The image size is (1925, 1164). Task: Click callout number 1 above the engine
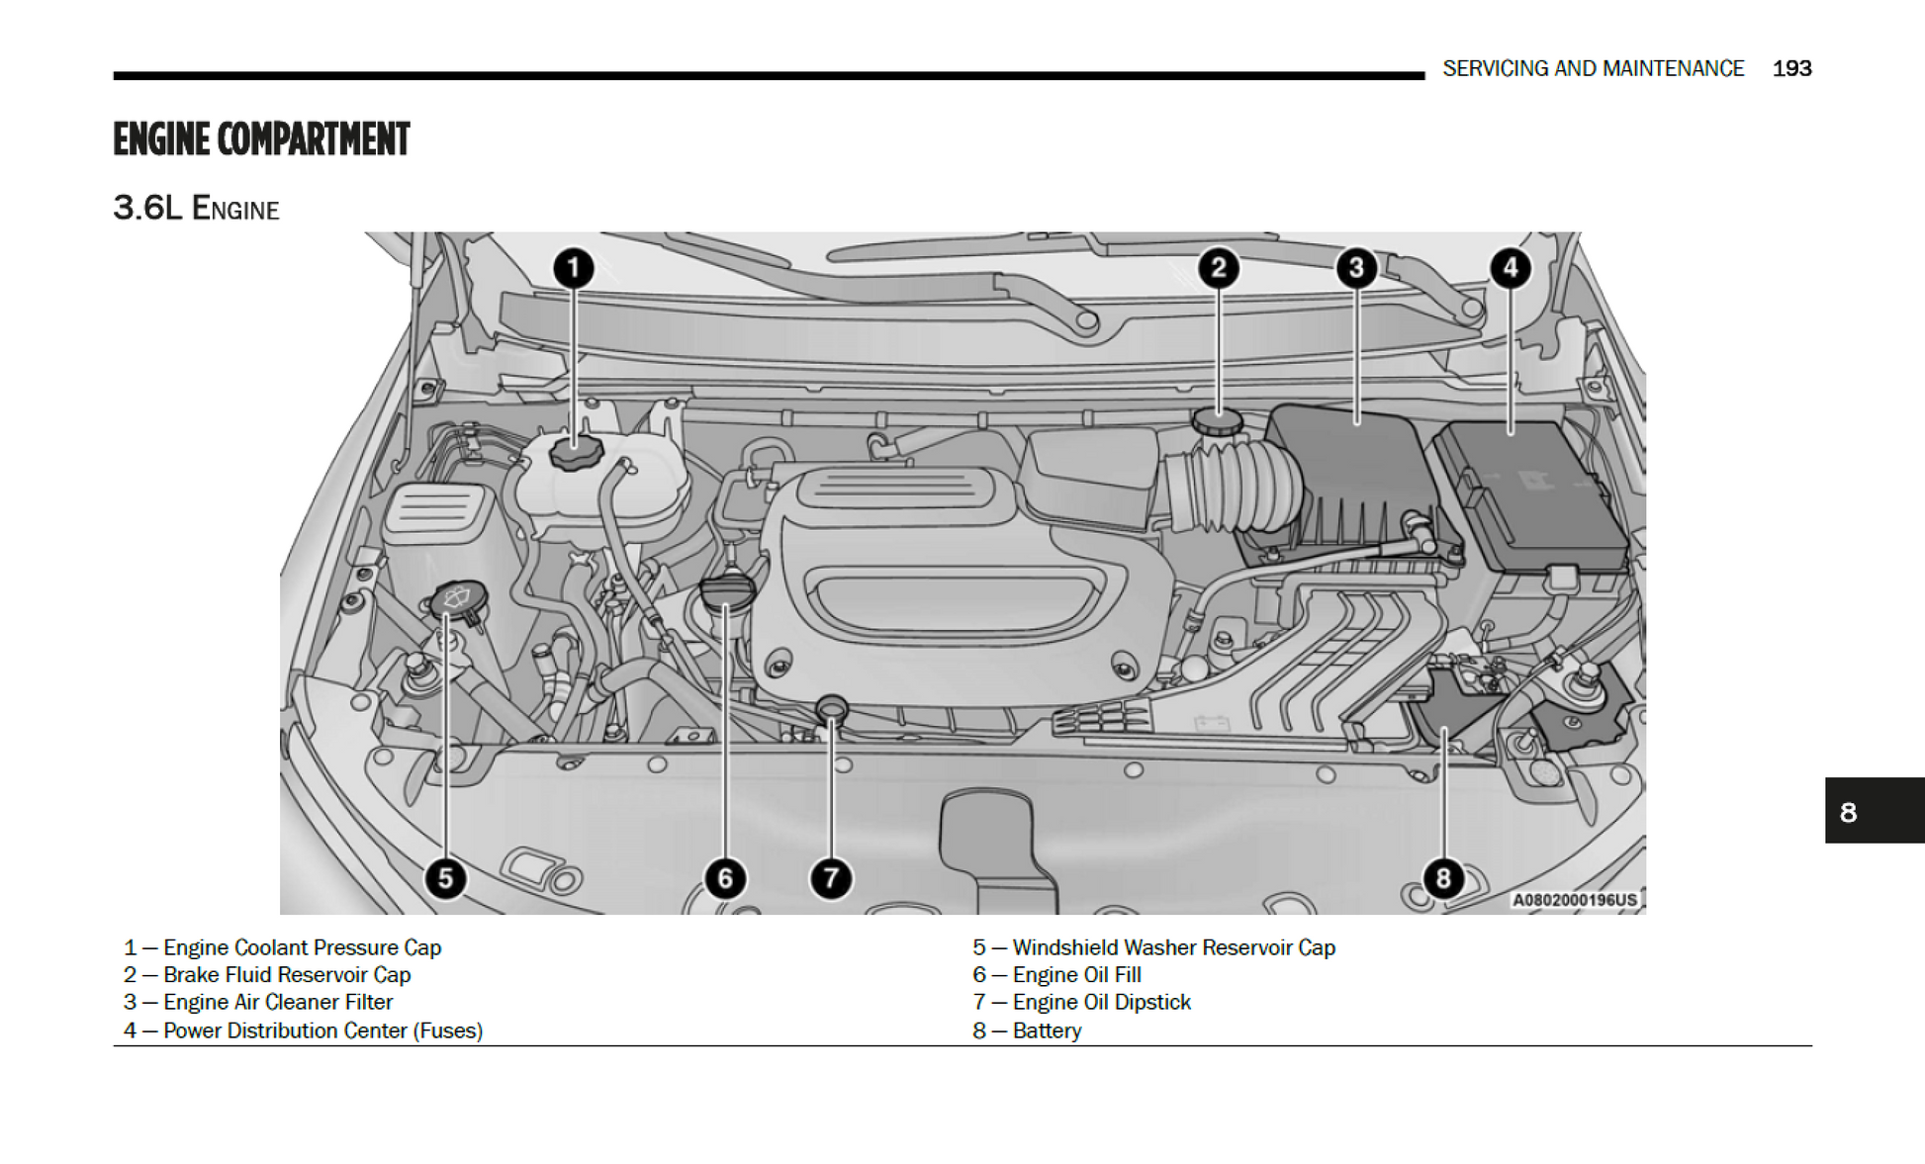click(x=573, y=268)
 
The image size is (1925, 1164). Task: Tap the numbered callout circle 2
click(x=1218, y=268)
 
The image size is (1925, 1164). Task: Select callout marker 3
click(x=1356, y=268)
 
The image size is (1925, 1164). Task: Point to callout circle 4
click(x=1510, y=268)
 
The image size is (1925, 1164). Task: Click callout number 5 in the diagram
click(x=445, y=878)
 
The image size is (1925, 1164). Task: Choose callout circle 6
click(x=725, y=878)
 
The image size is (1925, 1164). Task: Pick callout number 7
click(x=831, y=878)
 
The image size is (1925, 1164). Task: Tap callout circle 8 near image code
click(x=1443, y=878)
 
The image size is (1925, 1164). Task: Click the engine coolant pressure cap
click(x=576, y=454)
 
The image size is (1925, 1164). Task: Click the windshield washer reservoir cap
click(x=458, y=598)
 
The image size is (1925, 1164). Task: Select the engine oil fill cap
click(x=727, y=591)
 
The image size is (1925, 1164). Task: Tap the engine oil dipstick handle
click(x=832, y=708)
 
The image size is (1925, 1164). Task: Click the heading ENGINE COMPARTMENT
click(x=261, y=139)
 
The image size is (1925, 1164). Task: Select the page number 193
click(x=1791, y=68)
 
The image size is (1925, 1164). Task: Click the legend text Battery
click(x=1047, y=1030)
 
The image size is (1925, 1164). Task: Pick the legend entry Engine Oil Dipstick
click(x=1101, y=1002)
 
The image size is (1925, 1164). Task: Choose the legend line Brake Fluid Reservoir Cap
click(x=287, y=974)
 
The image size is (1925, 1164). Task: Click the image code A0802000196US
click(x=1574, y=900)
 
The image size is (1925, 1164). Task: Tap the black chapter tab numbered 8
click(x=1874, y=811)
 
